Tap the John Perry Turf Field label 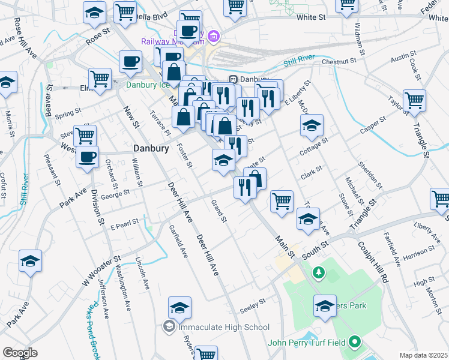(x=307, y=343)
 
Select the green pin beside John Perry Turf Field (x=355, y=343)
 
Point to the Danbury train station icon (x=234, y=79)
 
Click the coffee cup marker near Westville (x=88, y=157)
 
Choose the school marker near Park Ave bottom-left (x=30, y=261)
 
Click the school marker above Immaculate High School (x=179, y=308)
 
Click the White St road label (x=312, y=18)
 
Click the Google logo (x=20, y=352)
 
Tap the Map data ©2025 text (x=424, y=355)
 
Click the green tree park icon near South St (x=319, y=273)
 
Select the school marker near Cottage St (x=312, y=125)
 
